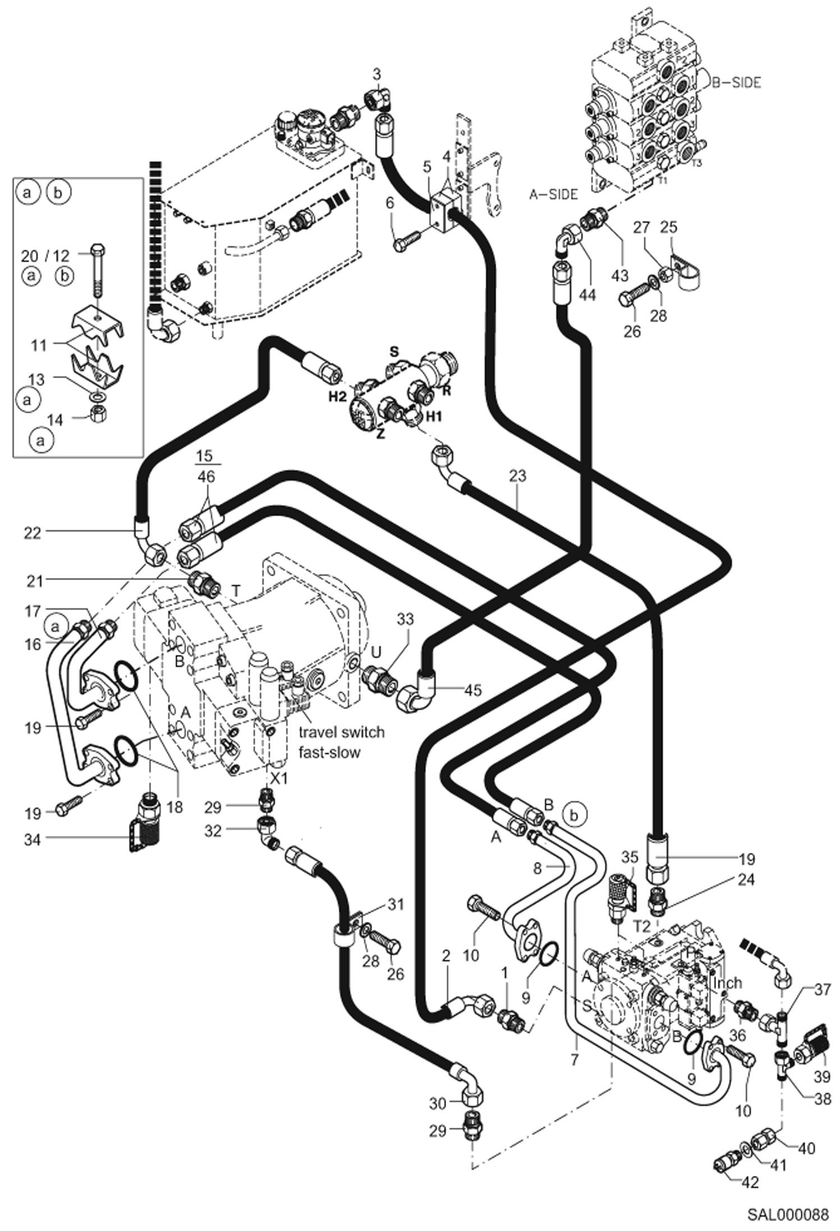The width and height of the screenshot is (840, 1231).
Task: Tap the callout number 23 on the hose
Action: pos(518,476)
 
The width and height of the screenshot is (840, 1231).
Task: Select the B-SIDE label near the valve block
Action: pos(736,82)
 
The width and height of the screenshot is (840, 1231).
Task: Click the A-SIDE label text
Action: pos(553,194)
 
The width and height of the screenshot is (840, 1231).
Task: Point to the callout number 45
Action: pos(473,690)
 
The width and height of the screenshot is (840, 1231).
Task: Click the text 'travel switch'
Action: pos(341,732)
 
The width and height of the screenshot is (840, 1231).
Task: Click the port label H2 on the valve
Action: pos(338,397)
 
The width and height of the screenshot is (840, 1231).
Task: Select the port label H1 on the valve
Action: pos(435,416)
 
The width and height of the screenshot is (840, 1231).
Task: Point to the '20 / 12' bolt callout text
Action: pos(45,256)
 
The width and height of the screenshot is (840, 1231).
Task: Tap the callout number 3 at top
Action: pos(376,74)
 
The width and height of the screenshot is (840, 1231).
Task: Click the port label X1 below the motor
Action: pos(279,778)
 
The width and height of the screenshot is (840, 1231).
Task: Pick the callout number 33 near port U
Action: pos(405,619)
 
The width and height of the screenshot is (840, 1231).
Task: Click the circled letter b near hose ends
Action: pos(574,814)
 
